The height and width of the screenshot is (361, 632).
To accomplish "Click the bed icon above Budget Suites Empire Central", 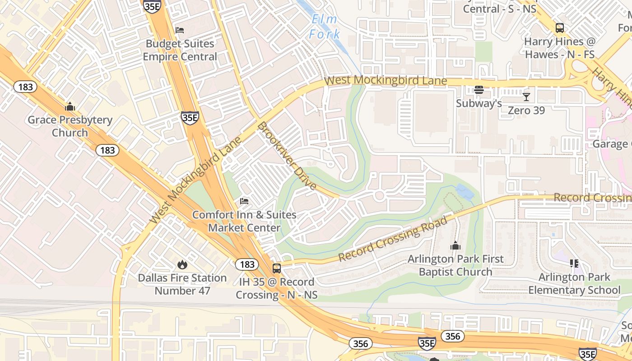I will [180, 30].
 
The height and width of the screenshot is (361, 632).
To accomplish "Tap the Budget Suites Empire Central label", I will [180, 51].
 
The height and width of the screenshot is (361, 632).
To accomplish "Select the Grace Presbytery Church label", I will [70, 126].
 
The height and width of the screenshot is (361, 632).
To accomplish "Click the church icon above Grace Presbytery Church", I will [70, 107].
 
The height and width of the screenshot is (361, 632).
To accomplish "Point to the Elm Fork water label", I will [324, 27].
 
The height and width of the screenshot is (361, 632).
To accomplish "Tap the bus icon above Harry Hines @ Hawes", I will [560, 28].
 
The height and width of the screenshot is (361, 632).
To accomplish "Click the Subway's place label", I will [479, 103].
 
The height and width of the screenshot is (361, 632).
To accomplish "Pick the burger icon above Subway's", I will [479, 90].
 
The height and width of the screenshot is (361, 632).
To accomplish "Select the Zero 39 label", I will [526, 111].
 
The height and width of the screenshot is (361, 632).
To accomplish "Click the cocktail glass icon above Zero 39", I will [526, 97].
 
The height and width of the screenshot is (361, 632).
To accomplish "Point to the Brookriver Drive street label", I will [287, 156].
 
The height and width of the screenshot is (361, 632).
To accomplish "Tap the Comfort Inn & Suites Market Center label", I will [244, 221].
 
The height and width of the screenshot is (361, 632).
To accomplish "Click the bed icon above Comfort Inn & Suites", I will [244, 201].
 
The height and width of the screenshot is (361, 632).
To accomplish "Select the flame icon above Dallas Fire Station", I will [182, 264].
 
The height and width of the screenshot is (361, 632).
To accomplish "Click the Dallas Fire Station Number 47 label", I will [182, 284].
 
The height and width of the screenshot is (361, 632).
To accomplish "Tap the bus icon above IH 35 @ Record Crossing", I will [277, 268].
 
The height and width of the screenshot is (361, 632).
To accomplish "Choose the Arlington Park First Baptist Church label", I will [455, 265].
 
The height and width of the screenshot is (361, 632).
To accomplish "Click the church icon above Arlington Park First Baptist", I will [455, 246].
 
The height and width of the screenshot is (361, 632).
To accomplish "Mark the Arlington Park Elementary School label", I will [574, 283].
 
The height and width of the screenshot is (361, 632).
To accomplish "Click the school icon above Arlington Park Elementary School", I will [574, 264].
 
